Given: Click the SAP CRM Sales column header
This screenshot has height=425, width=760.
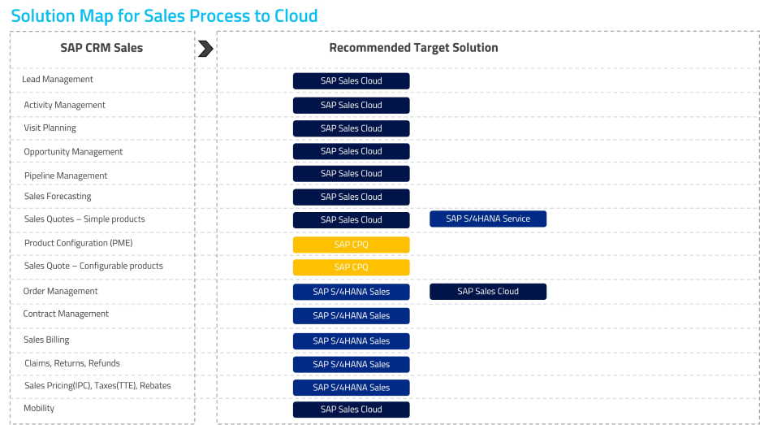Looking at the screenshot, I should (101, 48).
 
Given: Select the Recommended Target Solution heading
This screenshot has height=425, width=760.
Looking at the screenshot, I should (413, 48).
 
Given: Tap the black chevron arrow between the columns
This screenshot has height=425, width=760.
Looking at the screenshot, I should (205, 49).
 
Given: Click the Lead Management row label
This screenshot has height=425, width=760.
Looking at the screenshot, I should (58, 80).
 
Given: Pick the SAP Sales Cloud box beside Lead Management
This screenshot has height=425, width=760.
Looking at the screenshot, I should (351, 81).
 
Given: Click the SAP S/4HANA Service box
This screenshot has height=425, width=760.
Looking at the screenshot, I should (488, 219).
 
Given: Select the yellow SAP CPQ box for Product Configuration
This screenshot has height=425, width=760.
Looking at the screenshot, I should (351, 245).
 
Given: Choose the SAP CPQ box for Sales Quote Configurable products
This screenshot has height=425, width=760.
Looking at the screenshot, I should (351, 267).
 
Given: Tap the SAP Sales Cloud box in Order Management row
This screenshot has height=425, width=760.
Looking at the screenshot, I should (488, 292).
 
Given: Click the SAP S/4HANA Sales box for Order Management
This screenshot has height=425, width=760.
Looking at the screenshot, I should (351, 292).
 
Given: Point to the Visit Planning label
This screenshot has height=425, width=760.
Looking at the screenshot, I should (50, 128).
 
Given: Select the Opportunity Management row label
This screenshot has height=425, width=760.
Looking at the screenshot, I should (73, 152).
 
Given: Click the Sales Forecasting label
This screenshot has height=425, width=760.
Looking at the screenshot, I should (58, 197).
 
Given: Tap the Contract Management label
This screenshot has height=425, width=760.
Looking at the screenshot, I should (66, 314).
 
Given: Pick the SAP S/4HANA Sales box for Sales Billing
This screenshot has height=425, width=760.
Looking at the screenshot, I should (351, 341).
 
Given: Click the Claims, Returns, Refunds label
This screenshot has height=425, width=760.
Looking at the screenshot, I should (72, 363).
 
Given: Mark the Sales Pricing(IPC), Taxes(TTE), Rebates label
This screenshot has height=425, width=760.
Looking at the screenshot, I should (97, 386).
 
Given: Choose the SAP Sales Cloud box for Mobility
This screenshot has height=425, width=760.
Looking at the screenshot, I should (351, 410).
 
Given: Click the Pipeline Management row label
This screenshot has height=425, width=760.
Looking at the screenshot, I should (66, 176).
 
